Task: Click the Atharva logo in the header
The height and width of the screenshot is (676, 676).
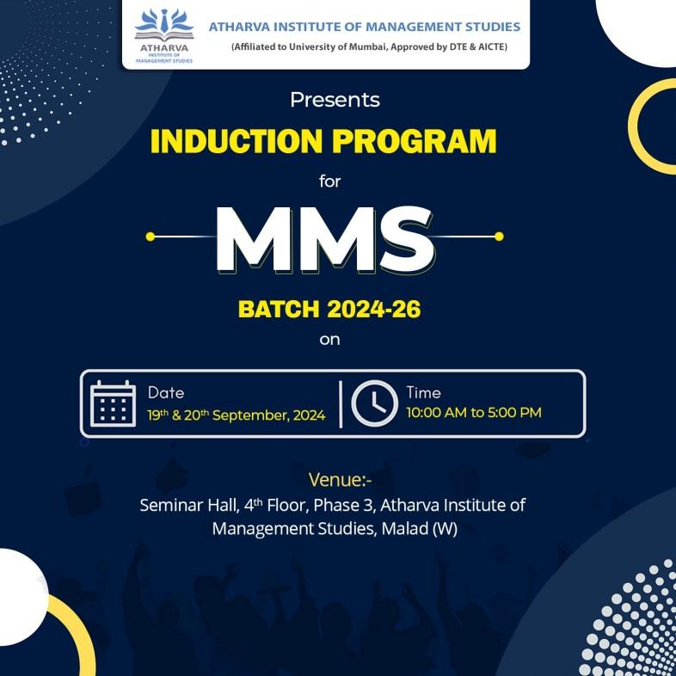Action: pyautogui.click(x=163, y=36)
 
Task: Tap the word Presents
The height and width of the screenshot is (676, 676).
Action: pyautogui.click(x=335, y=100)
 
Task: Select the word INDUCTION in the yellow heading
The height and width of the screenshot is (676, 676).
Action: pyautogui.click(x=237, y=141)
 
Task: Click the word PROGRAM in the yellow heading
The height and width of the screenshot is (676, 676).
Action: pyautogui.click(x=415, y=141)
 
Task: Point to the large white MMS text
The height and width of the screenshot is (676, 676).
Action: pyautogui.click(x=325, y=239)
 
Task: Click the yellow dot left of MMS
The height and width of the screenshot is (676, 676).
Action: pyautogui.click(x=150, y=237)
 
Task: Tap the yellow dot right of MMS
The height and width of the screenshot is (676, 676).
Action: pyautogui.click(x=499, y=237)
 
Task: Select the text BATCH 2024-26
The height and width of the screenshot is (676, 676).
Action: pyautogui.click(x=329, y=309)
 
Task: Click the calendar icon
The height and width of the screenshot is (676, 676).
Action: pyautogui.click(x=113, y=404)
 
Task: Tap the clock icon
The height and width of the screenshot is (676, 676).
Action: pyautogui.click(x=375, y=404)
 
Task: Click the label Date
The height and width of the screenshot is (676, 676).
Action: pyautogui.click(x=166, y=393)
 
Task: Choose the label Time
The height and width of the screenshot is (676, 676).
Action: pyautogui.click(x=424, y=393)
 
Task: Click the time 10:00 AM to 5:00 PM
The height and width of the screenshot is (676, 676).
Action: pyautogui.click(x=474, y=413)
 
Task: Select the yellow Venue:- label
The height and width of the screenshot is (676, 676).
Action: pyautogui.click(x=341, y=480)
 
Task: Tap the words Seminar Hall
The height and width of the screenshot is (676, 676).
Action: pyautogui.click(x=189, y=505)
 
